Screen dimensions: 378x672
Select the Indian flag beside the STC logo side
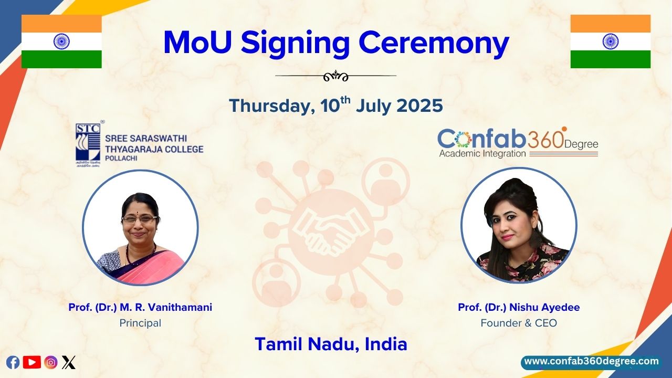click(61, 41)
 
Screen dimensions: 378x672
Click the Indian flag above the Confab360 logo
click(610, 41)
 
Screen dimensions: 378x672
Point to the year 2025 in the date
click(419, 106)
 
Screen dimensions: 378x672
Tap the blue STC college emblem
click(88, 142)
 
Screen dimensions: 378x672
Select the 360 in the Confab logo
click(546, 140)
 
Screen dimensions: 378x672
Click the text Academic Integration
click(482, 154)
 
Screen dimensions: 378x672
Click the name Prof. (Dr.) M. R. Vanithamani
click(140, 308)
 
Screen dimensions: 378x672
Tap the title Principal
click(140, 323)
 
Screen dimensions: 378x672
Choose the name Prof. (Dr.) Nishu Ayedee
click(519, 308)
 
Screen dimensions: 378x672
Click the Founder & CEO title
click(519, 323)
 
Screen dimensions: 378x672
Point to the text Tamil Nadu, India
click(331, 344)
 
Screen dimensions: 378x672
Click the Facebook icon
click(13, 362)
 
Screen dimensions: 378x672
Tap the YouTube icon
click(32, 362)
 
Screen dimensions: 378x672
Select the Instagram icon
click(51, 362)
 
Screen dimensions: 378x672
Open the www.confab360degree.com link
click(591, 362)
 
